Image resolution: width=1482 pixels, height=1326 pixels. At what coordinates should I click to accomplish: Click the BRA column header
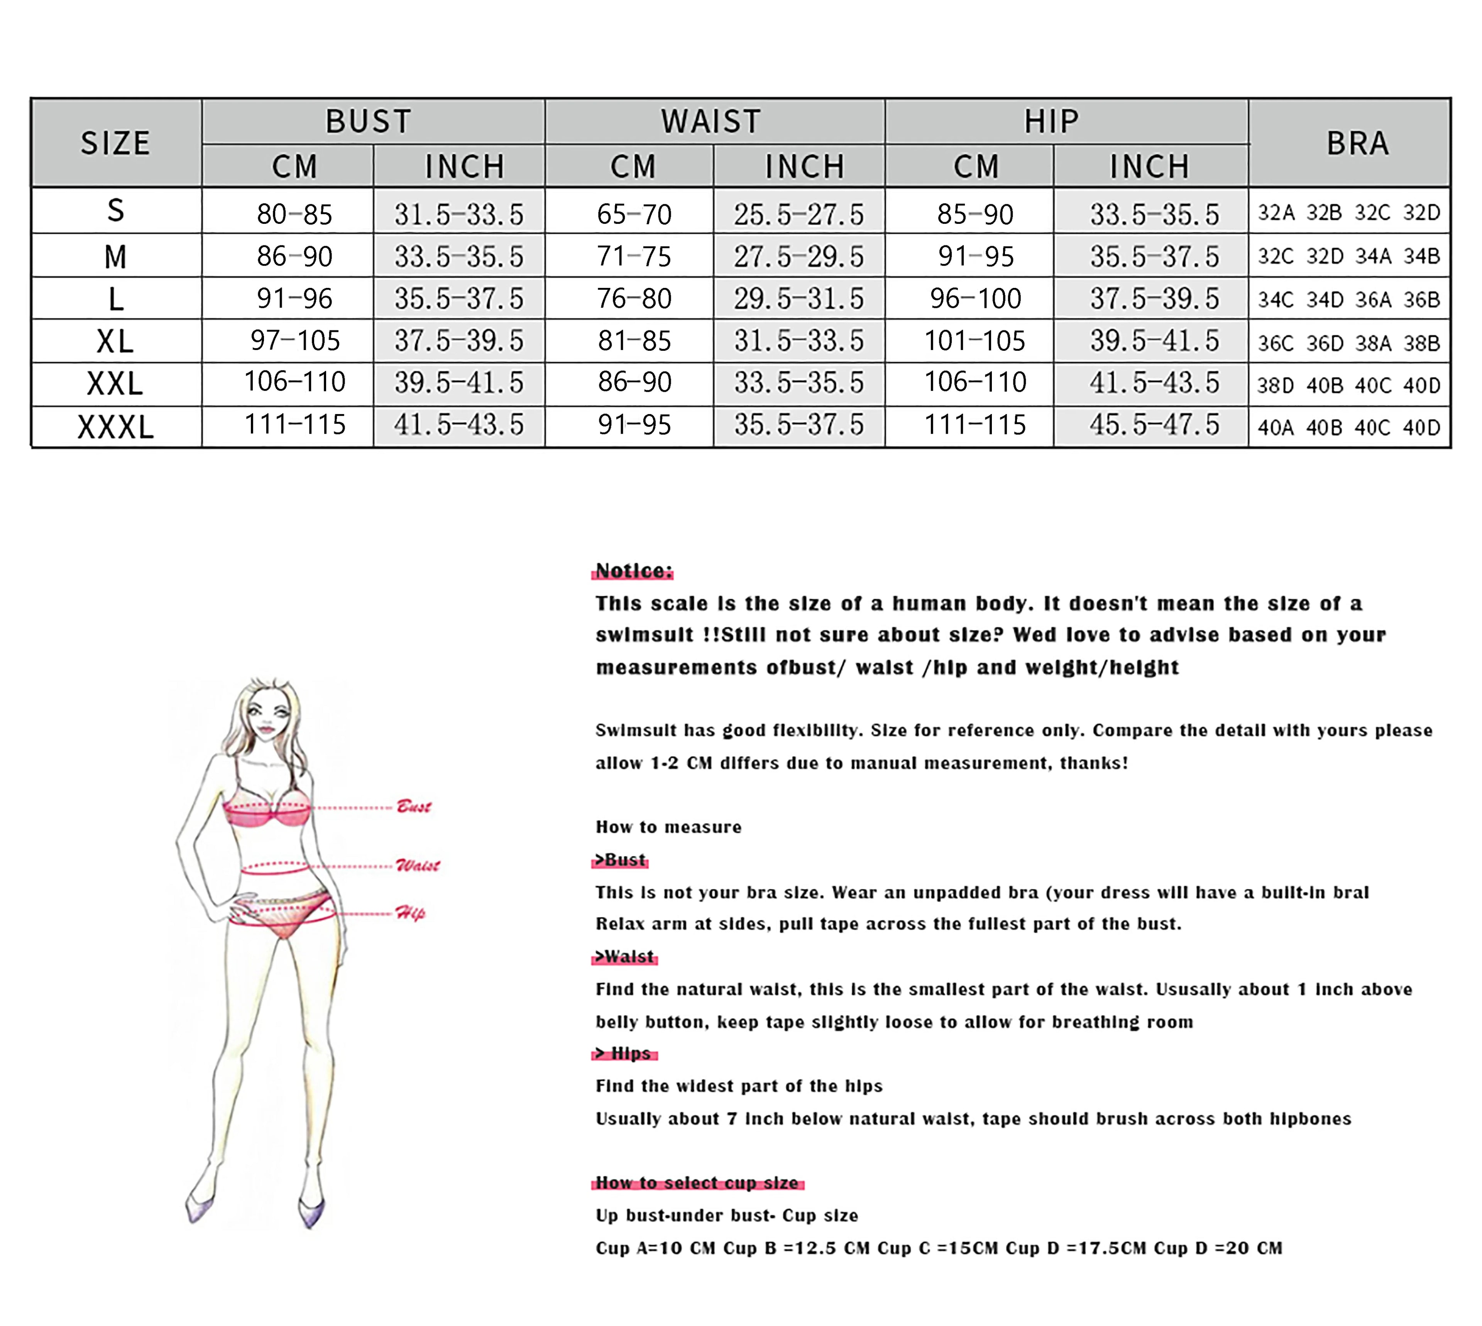coord(1357,143)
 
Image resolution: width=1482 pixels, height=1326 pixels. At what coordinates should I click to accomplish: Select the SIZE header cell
coord(115,143)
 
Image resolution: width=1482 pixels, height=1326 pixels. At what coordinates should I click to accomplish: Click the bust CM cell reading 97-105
coord(295,340)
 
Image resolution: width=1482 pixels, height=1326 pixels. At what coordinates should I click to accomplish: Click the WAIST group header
coord(711,121)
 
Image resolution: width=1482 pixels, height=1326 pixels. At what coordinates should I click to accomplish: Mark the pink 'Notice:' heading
coord(633,570)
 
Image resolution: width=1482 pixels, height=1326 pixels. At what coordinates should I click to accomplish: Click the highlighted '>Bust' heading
coord(620,860)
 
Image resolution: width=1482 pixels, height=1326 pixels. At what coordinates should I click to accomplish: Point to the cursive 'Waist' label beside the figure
coord(418,866)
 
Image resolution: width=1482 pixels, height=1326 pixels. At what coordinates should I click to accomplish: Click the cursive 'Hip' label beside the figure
coord(410,913)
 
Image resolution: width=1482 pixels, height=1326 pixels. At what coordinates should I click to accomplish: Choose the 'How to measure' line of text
coord(668,827)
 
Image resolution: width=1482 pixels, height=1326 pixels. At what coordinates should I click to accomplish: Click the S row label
coord(115,211)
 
